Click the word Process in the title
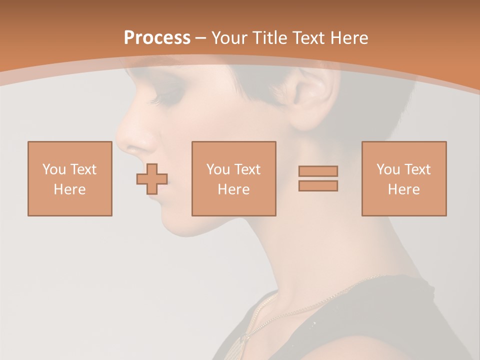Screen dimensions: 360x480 tap(157, 38)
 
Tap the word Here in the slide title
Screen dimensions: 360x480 tap(348, 38)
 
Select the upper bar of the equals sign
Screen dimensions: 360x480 tap(318, 171)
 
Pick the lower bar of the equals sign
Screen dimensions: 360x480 tap(318, 185)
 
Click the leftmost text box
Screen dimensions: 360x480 tap(69, 178)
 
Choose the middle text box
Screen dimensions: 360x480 tap(233, 178)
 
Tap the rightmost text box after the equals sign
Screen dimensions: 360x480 tap(403, 178)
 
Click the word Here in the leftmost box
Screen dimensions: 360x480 tap(69, 189)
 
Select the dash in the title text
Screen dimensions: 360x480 tap(201, 38)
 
